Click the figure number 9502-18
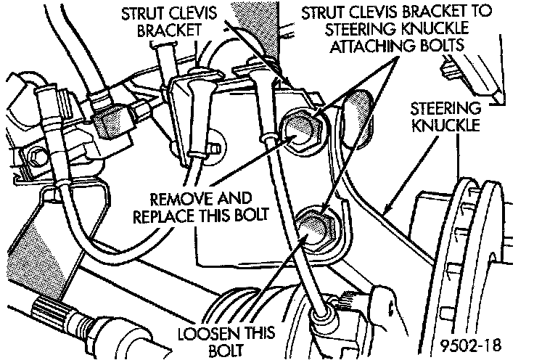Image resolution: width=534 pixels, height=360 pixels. point(472,342)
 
